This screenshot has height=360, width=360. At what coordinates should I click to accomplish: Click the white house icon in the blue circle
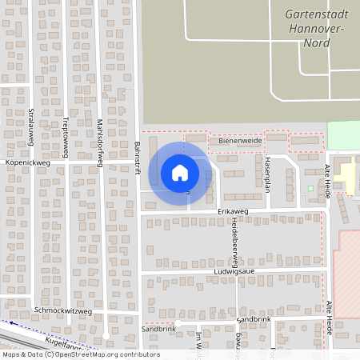pos(180,173)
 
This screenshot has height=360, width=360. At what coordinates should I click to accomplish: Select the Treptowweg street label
pos(66,136)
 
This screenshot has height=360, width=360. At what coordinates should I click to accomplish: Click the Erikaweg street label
pos(234,210)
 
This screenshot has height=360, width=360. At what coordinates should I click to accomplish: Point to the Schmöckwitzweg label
pos(63,310)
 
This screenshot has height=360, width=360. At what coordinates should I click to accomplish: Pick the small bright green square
pos(310,189)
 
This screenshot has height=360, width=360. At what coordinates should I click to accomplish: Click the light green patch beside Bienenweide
pos(343,134)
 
